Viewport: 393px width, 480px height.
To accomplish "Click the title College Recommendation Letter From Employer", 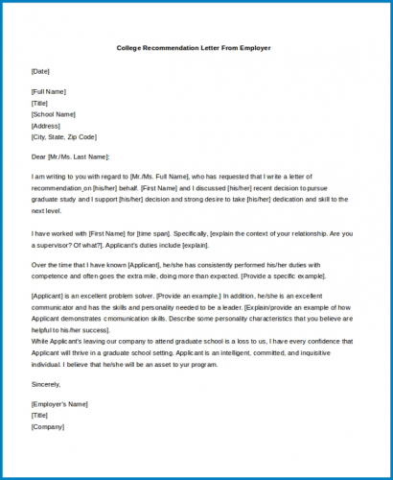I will click(x=195, y=47).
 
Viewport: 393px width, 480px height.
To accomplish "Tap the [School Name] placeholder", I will click(x=53, y=114).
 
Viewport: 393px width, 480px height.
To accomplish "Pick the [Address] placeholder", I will click(x=46, y=125).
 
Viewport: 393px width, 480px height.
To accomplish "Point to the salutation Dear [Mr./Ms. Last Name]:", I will click(x=71, y=156).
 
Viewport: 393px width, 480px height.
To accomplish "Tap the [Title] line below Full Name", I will click(x=40, y=104).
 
